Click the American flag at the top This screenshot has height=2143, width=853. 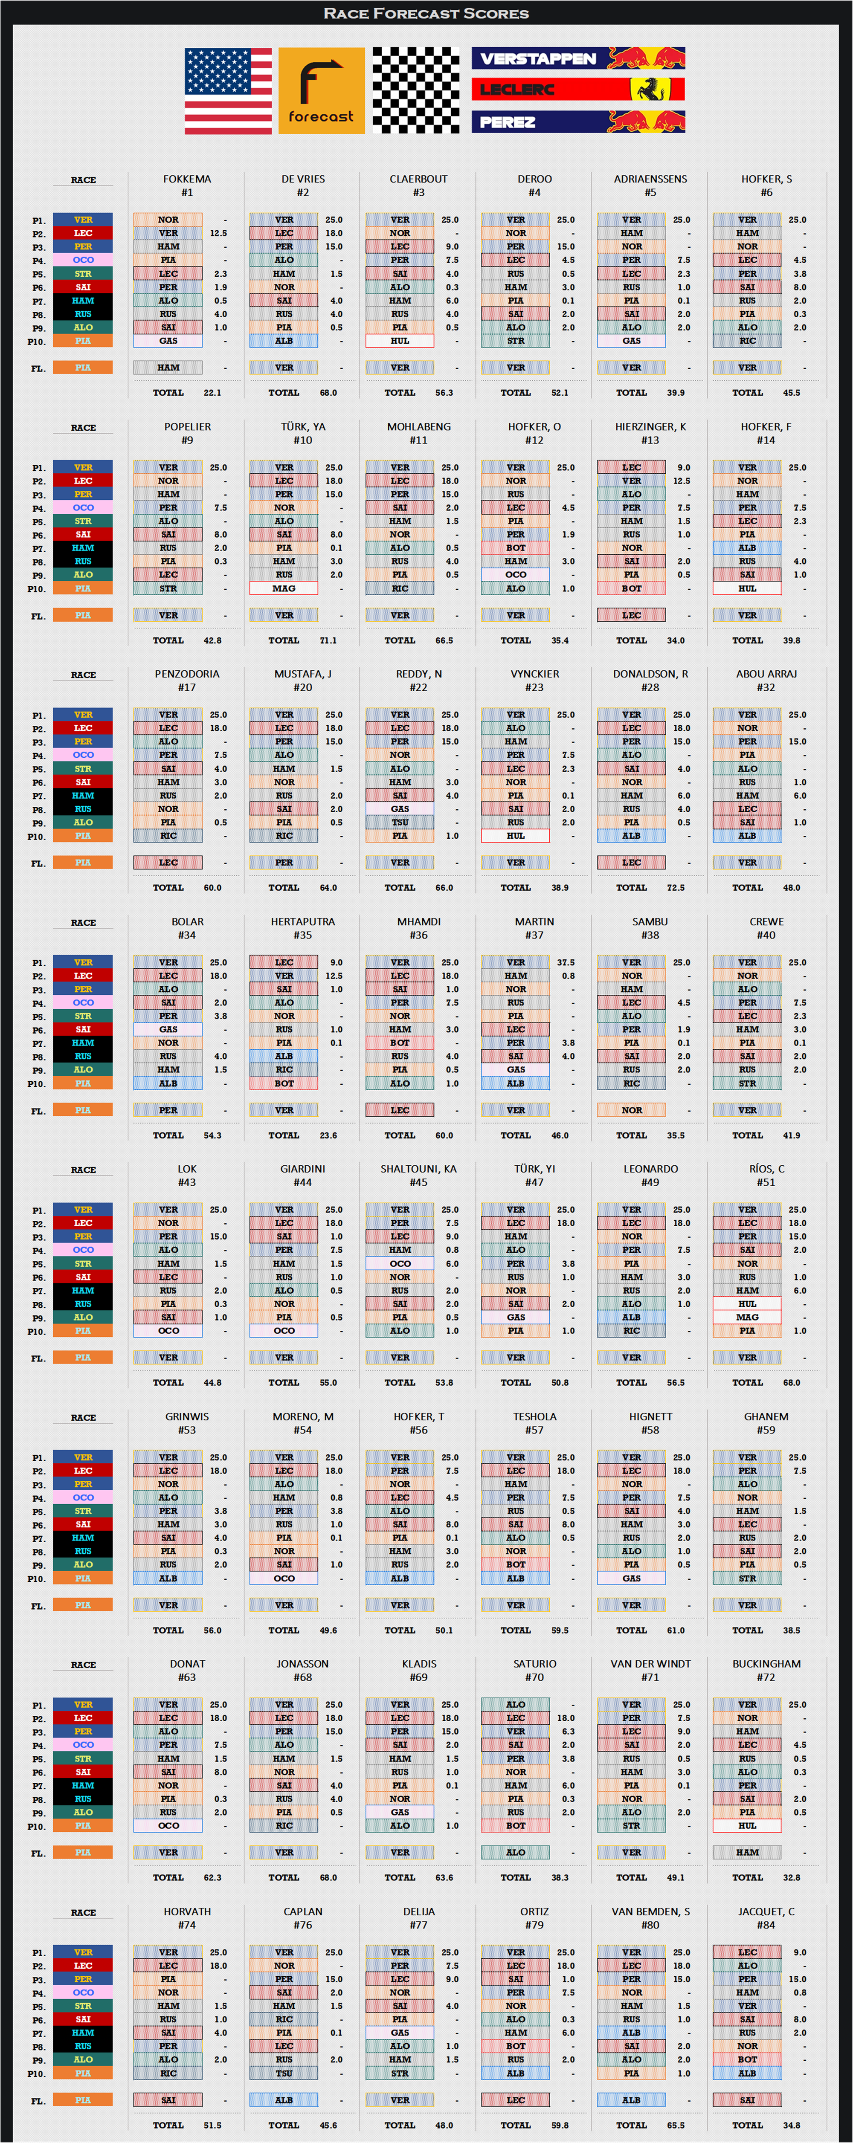pos(228,91)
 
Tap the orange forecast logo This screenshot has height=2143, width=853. pos(321,91)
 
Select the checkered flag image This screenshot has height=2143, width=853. pos(415,91)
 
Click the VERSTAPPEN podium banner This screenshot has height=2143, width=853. pos(578,58)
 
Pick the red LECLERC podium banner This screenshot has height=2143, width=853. pos(578,89)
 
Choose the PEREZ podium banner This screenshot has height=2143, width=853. pos(578,122)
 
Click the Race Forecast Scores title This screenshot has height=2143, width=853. pos(426,13)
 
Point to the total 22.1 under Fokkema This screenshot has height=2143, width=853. pos(212,393)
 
